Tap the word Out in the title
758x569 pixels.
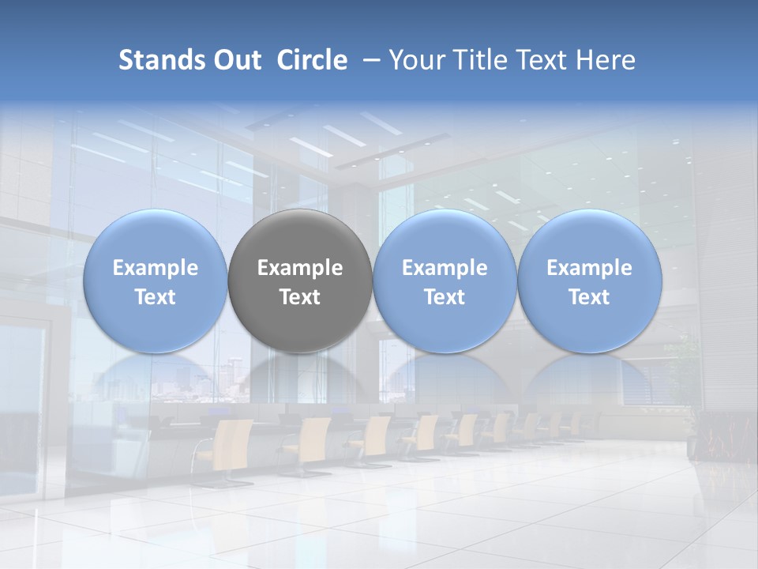(x=235, y=60)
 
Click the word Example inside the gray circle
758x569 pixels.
(x=300, y=268)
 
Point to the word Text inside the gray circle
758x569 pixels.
(x=300, y=297)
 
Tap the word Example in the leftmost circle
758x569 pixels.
(x=155, y=268)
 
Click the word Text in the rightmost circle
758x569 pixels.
(x=589, y=297)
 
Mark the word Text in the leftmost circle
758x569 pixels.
(x=155, y=297)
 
